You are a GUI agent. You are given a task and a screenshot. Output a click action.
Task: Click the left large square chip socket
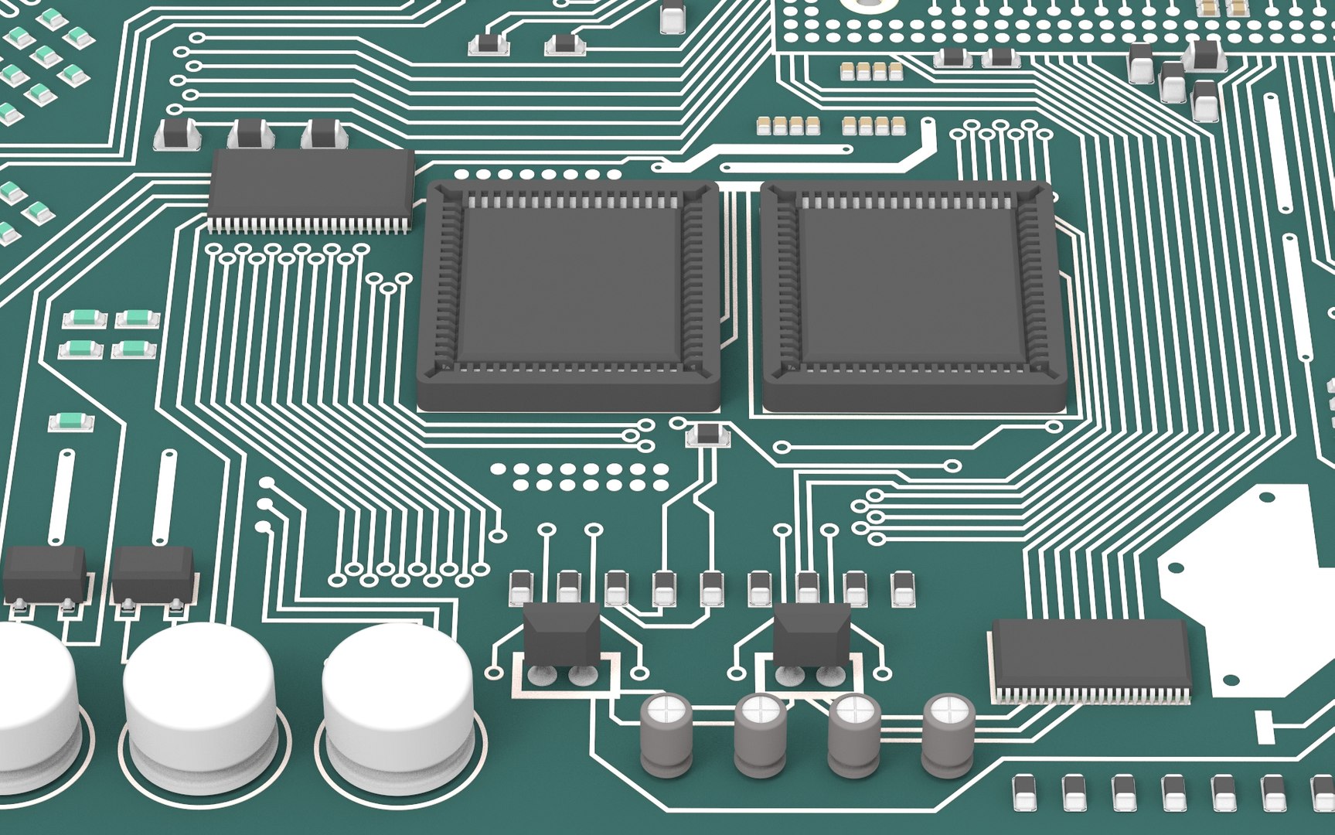pyautogui.click(x=570, y=294)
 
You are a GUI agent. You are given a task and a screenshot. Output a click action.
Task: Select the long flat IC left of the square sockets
pyautogui.click(x=311, y=187)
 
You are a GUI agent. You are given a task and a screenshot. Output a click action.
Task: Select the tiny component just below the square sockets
pyautogui.click(x=707, y=435)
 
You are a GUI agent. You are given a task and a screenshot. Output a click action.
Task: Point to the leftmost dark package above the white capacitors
pyautogui.click(x=45, y=574)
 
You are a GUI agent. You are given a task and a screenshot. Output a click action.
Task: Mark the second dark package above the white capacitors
pyautogui.click(x=153, y=574)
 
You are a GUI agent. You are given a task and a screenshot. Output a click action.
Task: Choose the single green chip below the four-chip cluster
pyautogui.click(x=71, y=422)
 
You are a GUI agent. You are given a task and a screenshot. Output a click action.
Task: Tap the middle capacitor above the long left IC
pyautogui.click(x=250, y=134)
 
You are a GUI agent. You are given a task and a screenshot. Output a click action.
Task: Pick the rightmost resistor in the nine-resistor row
pyautogui.click(x=902, y=588)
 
